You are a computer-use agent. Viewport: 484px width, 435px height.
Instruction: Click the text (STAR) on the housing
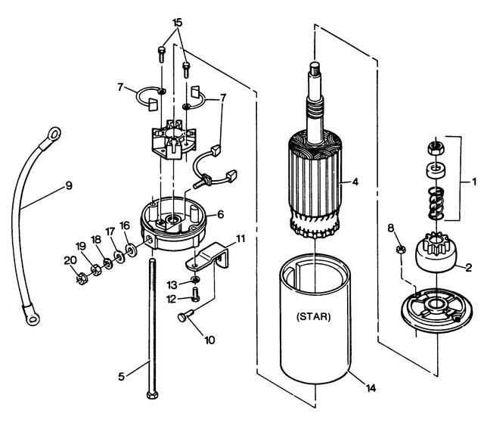click(x=313, y=317)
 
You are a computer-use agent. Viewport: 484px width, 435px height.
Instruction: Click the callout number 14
click(x=371, y=388)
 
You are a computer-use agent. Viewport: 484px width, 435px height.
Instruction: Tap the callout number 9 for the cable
click(x=69, y=185)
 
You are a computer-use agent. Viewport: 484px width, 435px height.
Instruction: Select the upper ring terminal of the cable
click(x=52, y=135)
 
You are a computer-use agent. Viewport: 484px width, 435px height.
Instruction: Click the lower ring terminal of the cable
click(x=32, y=316)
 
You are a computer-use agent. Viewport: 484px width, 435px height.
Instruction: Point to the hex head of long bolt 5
click(x=152, y=395)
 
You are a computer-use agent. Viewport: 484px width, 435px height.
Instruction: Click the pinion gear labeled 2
click(x=436, y=252)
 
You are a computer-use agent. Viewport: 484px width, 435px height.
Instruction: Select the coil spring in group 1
click(x=436, y=204)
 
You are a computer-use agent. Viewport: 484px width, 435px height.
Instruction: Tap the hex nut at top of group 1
click(x=436, y=148)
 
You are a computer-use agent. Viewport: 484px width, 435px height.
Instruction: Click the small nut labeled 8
click(x=400, y=249)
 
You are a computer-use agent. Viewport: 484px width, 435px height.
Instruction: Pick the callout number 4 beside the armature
click(x=355, y=182)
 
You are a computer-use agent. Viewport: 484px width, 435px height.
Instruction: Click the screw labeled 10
click(x=185, y=315)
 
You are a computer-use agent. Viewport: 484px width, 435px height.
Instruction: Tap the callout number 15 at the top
click(x=177, y=23)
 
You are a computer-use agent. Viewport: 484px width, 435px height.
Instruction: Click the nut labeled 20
click(x=82, y=278)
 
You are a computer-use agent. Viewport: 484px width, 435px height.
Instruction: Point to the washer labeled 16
click(x=132, y=250)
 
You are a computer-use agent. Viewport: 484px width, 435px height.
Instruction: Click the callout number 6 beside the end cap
click(x=220, y=214)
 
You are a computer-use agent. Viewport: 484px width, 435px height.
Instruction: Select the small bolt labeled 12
click(x=195, y=294)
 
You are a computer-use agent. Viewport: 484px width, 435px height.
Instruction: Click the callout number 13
click(x=172, y=285)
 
